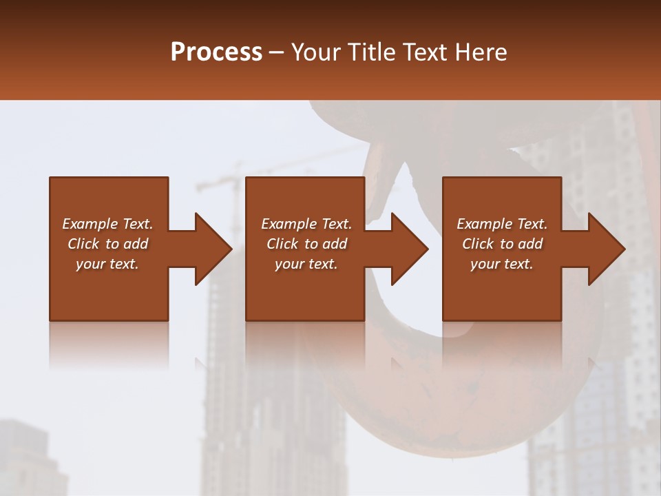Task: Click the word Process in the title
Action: [x=216, y=52]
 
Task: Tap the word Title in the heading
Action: [x=372, y=52]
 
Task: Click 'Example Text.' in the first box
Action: [x=107, y=224]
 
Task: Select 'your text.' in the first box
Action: [x=107, y=264]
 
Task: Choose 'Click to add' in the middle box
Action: [x=306, y=244]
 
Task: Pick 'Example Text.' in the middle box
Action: [x=306, y=224]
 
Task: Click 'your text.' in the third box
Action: [x=501, y=264]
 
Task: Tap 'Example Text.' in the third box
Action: [x=502, y=224]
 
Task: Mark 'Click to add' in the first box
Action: [x=107, y=244]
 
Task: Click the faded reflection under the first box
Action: [x=109, y=344]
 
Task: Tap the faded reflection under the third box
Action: [x=502, y=344]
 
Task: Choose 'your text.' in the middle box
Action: [x=306, y=264]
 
